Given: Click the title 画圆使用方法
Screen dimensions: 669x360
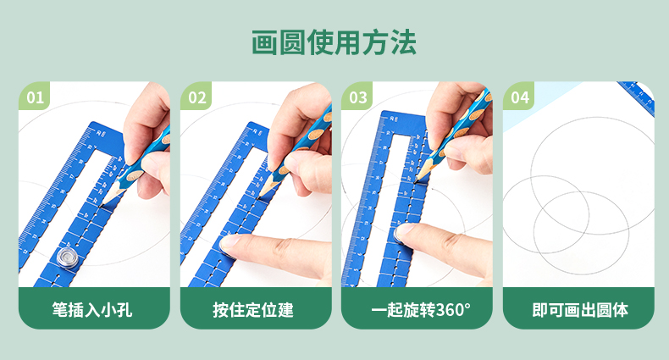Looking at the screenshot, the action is click(x=334, y=42).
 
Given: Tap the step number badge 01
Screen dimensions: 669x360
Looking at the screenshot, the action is click(x=35, y=97).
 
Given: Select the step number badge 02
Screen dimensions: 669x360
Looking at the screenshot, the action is click(x=196, y=97).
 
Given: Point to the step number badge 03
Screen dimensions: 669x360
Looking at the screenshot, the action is click(x=358, y=97).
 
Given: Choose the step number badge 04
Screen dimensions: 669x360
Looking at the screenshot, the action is click(x=520, y=97).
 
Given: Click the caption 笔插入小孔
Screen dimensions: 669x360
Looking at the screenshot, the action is click(x=92, y=310).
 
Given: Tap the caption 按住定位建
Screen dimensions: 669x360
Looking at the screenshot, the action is click(x=253, y=310).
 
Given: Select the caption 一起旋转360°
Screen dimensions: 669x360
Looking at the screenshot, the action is click(x=421, y=310).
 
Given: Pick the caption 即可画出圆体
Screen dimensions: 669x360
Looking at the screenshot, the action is click(x=580, y=310).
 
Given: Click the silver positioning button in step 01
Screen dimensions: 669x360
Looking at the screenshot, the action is click(x=68, y=258).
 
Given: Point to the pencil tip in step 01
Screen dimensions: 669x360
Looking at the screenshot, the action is click(x=101, y=207).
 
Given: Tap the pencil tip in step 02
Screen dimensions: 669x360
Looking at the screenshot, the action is click(x=259, y=197).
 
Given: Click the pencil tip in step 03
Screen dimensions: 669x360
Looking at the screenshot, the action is click(x=415, y=182).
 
